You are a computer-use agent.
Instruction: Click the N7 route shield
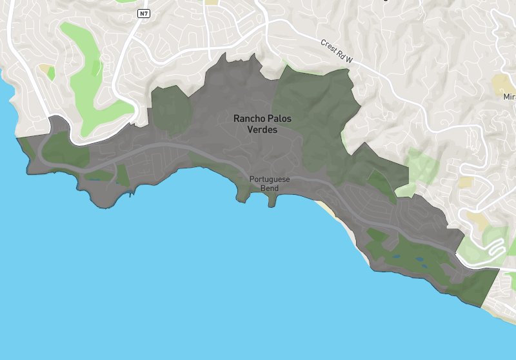(x=144, y=13)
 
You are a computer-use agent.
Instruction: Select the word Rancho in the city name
(x=248, y=119)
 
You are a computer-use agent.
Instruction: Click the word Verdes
(x=262, y=130)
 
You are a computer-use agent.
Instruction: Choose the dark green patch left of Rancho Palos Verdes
(x=171, y=106)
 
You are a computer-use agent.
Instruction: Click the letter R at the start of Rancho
(x=237, y=119)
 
